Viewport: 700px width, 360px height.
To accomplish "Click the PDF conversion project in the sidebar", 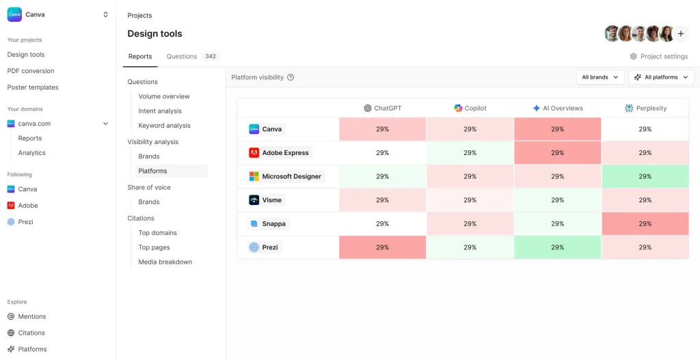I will (31, 71).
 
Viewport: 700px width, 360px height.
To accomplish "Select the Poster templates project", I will (33, 87).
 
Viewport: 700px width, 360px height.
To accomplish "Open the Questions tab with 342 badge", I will (191, 57).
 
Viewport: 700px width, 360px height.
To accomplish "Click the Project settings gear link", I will (658, 57).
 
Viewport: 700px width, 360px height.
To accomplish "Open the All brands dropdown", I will (600, 77).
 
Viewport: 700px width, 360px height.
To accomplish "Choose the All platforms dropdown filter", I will (660, 77).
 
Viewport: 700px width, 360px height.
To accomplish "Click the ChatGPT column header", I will (383, 108).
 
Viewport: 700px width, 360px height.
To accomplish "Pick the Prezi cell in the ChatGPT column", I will (383, 247).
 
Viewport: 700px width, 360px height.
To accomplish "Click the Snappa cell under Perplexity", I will (645, 224).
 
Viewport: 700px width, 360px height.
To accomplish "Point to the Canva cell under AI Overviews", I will (558, 129).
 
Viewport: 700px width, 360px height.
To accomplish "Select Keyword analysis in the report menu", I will (164, 126).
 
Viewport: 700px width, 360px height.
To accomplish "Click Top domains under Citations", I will (157, 233).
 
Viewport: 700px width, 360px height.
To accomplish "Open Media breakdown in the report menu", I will (165, 262).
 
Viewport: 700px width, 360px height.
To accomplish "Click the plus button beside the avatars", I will (681, 33).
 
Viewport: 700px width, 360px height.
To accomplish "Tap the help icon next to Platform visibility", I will (291, 77).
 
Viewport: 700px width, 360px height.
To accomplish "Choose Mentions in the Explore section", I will (31, 316).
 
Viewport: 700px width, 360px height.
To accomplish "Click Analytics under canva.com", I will (31, 153).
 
